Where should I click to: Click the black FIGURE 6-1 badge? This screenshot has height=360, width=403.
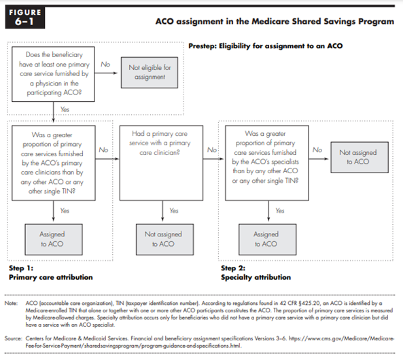25,17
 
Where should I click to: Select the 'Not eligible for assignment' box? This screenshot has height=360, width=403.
150,73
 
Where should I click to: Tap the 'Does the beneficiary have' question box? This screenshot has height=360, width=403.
53,74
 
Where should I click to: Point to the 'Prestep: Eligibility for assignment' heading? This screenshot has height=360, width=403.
266,46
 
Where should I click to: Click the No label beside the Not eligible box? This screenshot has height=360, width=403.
105,65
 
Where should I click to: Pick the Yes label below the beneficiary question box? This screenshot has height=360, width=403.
65,109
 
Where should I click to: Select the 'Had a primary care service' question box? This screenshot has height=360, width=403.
161,163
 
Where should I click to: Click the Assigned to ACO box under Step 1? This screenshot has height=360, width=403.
54,240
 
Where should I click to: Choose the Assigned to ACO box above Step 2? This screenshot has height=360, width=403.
267,240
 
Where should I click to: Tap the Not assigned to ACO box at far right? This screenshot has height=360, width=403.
360,158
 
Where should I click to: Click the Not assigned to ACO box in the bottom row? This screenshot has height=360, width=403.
164,240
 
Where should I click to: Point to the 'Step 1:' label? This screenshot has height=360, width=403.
21,268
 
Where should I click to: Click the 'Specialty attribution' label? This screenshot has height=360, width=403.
256,277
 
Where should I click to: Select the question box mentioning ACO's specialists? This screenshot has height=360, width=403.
267,163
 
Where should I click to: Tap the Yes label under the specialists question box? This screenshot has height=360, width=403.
280,211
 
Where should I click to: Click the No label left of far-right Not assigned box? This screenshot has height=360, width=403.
317,150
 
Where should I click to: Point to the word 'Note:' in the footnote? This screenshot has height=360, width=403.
11,303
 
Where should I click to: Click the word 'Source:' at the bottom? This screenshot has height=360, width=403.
14,338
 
